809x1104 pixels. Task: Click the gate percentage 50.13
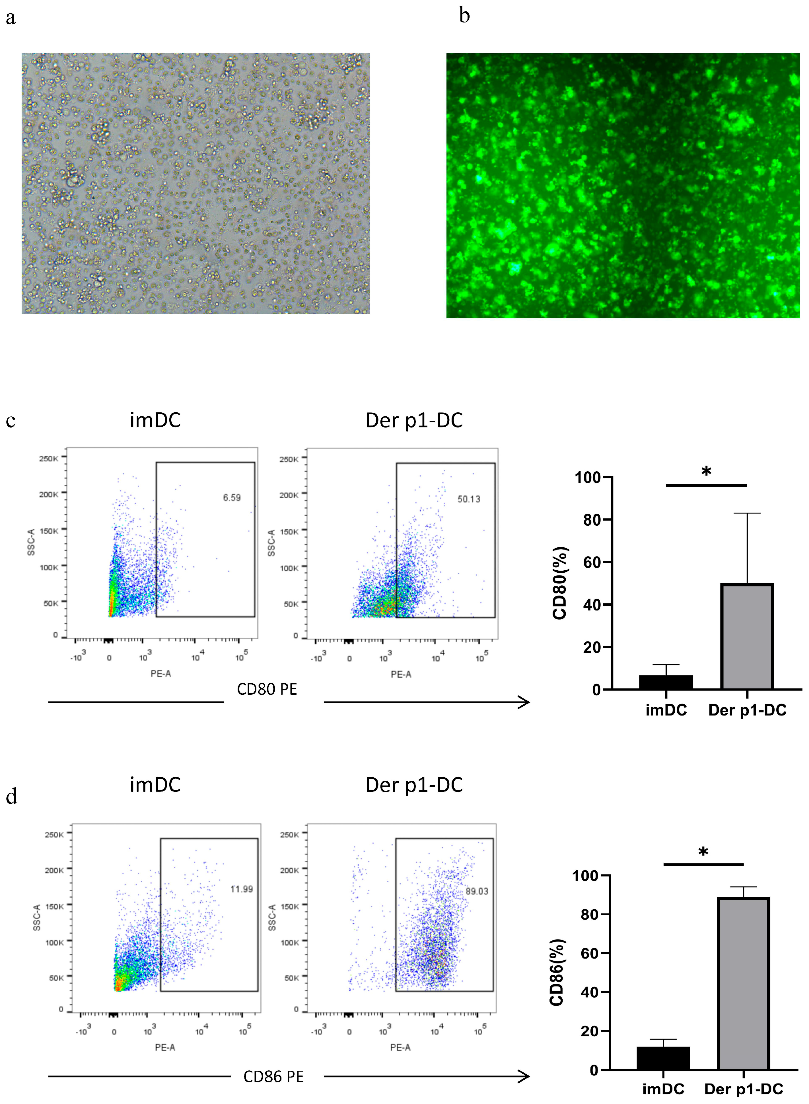pos(469,499)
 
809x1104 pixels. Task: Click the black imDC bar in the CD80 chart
pos(666,682)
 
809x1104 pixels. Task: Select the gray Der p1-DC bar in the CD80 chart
pos(747,636)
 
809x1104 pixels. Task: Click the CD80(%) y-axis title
pos(560,583)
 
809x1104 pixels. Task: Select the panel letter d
pos(11,796)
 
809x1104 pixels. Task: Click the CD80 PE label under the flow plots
pos(267,689)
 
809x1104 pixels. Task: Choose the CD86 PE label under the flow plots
pos(274,1077)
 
